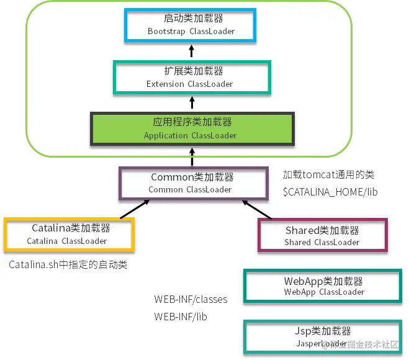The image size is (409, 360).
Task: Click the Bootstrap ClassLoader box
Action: pos(191,25)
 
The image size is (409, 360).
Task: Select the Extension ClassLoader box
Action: pos(191,78)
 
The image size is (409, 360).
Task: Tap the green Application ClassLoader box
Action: pos(191,128)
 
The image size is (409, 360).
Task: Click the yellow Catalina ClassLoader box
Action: pos(68,235)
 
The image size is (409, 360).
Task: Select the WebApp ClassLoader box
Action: pos(323,287)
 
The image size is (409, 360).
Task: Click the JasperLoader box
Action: pos(323,337)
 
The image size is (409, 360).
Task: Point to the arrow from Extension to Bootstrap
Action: pos(192,52)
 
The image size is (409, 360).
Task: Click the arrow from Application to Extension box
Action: pos(192,102)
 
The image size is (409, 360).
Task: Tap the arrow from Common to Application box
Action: pos(192,156)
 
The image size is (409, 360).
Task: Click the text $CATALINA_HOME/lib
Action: pos(330,192)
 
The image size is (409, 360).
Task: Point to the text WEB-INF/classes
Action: pos(191,300)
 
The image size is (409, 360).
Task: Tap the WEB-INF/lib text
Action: pos(181,317)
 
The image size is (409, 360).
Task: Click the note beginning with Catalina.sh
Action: pos(68,265)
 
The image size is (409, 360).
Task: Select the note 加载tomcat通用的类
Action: pos(329,175)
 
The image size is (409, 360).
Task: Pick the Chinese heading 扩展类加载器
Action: pos(191,71)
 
